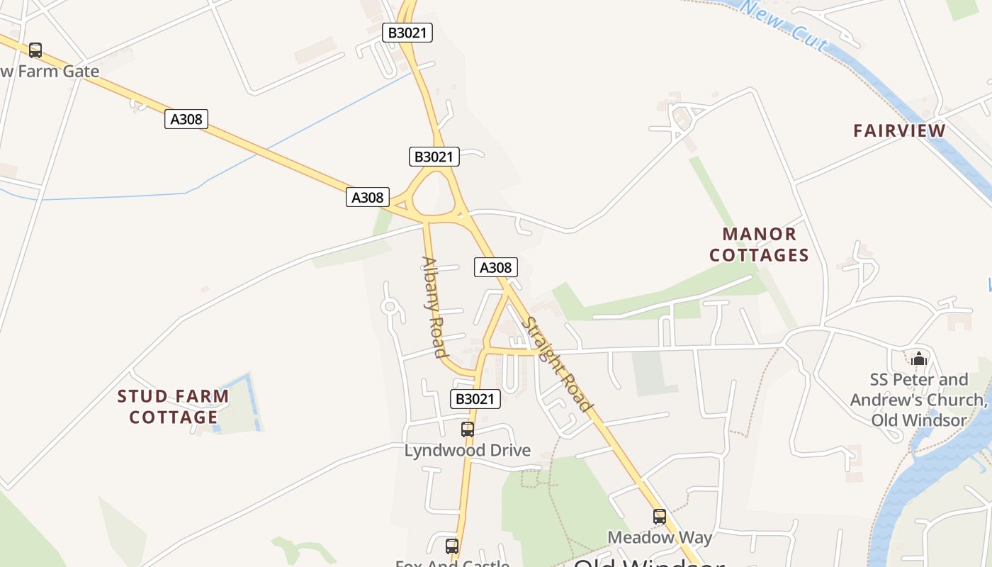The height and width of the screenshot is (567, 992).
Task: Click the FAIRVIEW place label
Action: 899,130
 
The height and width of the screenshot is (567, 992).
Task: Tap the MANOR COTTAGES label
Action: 759,245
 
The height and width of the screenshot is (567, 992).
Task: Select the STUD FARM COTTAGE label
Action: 173,406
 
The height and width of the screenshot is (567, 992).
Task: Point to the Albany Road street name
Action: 435,306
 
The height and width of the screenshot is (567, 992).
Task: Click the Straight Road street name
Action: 556,364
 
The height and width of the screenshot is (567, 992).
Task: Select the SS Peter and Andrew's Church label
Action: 918,400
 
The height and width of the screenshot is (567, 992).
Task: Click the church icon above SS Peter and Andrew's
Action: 919,359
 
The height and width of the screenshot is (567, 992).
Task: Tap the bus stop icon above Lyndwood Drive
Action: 467,430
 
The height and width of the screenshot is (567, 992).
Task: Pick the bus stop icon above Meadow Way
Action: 660,517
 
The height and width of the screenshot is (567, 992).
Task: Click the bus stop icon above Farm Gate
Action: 35,50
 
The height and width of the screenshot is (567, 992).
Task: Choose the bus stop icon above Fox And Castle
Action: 451,546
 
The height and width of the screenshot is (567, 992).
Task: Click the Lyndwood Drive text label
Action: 467,450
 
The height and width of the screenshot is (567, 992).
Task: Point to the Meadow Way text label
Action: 660,537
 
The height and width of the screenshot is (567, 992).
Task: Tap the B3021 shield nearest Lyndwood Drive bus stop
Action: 475,399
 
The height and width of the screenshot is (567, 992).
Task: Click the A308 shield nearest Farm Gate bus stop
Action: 186,118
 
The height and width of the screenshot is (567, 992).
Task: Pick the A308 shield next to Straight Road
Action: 495,267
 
